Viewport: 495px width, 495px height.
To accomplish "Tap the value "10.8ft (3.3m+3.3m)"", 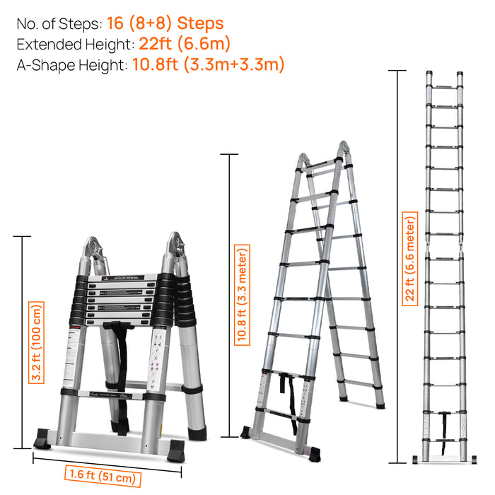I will click(208, 65).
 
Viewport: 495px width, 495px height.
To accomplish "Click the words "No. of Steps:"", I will click(54, 24).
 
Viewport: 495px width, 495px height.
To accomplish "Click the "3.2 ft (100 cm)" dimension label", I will click(36, 342).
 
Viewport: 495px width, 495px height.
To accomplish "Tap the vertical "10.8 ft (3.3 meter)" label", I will click(243, 294).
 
